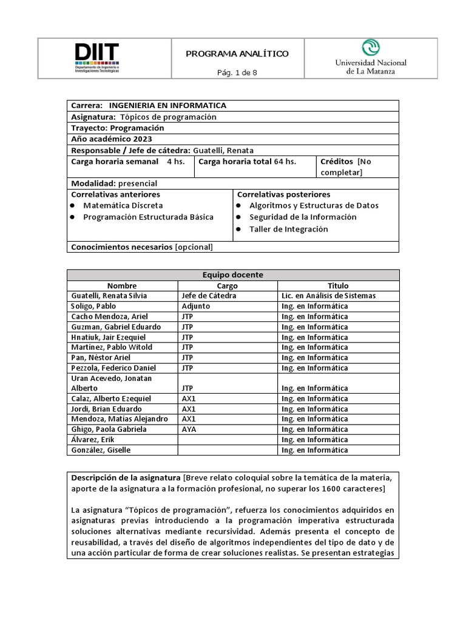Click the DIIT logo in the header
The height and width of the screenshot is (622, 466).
pos(97,58)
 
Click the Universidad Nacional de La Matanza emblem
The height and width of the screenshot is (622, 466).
pos(371,47)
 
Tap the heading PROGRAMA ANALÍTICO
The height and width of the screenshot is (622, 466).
pos(237,54)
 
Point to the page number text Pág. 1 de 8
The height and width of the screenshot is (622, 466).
pos(237,73)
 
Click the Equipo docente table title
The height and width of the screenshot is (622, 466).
pos(232,275)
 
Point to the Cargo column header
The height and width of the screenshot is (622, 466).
pos(228,285)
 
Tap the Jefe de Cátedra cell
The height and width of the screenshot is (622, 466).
pos(209,296)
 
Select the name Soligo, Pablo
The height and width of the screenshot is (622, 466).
pos(93,306)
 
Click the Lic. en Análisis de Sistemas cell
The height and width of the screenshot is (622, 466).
pos(329,296)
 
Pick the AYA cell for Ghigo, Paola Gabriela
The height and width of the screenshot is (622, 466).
pos(189,429)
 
